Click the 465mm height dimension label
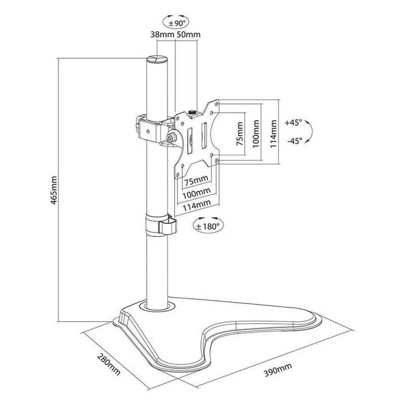[54, 190]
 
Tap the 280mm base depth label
[109, 364]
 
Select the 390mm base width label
[278, 369]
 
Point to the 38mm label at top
[162, 35]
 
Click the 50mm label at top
[188, 35]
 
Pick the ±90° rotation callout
[176, 22]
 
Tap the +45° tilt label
[294, 123]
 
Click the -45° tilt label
[295, 141]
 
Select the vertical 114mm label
[273, 134]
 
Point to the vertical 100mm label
[256, 134]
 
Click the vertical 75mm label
[240, 134]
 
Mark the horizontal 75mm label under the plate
[196, 180]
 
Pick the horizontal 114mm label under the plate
[197, 206]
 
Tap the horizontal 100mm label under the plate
[197, 193]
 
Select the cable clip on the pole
[161, 224]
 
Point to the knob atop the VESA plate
[192, 112]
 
